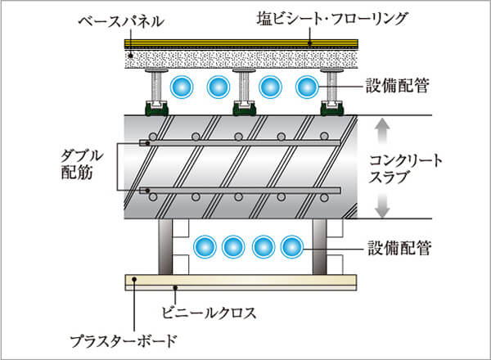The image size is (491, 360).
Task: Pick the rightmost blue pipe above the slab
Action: [306, 86]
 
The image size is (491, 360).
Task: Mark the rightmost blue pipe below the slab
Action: [291, 245]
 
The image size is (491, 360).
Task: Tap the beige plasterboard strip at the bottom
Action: [245, 282]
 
